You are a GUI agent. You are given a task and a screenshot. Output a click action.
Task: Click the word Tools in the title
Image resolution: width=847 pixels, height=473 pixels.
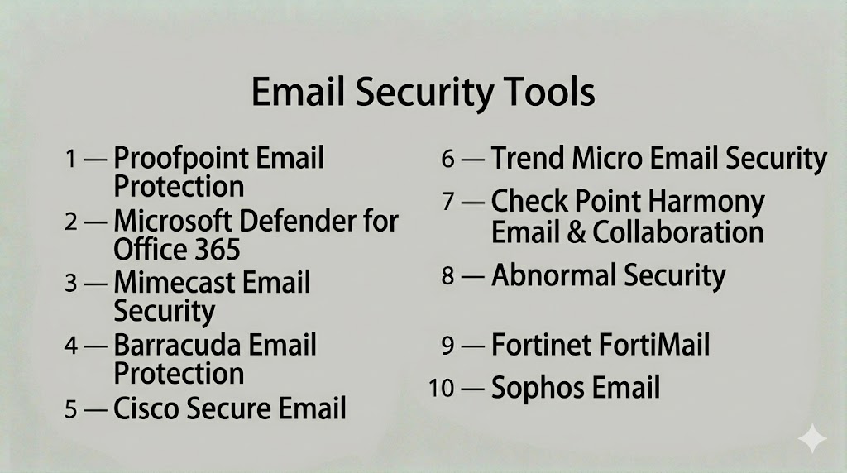coord(549,92)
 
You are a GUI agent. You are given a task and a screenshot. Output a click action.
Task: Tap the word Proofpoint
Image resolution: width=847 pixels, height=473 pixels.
coord(181,159)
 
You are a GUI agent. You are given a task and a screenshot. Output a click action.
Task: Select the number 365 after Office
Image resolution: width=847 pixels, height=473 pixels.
coord(218,250)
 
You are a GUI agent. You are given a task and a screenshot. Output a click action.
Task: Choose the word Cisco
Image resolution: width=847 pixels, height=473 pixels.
coord(147,408)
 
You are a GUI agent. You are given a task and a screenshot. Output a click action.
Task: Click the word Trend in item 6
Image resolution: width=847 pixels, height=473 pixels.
coord(528,158)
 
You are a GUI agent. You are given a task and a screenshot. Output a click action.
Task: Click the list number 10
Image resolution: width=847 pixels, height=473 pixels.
coord(442,388)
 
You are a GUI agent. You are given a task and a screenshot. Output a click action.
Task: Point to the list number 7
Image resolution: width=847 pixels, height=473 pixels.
coord(447,202)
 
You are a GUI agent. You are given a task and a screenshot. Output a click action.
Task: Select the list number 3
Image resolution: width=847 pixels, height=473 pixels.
coord(71,283)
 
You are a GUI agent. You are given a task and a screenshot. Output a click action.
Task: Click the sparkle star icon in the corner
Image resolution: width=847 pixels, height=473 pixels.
coord(812,438)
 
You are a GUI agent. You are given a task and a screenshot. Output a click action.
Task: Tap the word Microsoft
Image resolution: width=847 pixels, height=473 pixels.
coord(173,221)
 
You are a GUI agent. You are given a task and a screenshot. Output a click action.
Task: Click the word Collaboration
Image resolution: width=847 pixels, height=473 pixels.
coord(678,232)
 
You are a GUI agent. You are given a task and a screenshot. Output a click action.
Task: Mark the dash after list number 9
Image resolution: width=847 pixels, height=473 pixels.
coord(472,346)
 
